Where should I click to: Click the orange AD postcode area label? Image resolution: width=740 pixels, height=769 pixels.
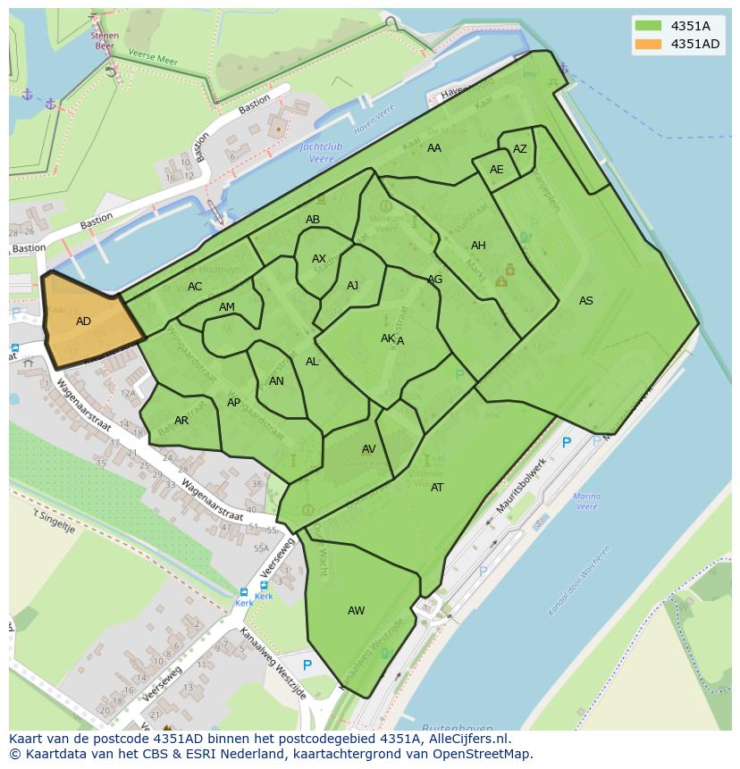[83, 322]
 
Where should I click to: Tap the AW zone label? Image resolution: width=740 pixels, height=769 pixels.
[356, 611]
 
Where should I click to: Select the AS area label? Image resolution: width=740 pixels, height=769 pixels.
[585, 301]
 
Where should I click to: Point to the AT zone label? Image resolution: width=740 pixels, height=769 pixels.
[437, 488]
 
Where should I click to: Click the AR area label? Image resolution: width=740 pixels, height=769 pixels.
[181, 421]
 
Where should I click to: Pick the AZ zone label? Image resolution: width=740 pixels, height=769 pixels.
[519, 149]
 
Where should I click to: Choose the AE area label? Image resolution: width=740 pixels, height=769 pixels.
[496, 170]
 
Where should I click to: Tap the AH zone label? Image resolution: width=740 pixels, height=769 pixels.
[478, 246]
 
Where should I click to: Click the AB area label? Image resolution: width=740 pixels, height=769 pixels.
[313, 220]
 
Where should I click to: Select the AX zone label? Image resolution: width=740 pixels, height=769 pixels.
[319, 259]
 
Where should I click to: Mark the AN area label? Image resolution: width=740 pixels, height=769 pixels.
[276, 381]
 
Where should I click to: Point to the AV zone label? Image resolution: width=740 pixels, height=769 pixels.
[368, 449]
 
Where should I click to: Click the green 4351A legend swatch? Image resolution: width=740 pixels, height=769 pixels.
[648, 26]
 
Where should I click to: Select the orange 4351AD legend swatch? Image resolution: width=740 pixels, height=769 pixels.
[648, 44]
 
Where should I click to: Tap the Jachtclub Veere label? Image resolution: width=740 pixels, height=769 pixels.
[322, 151]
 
